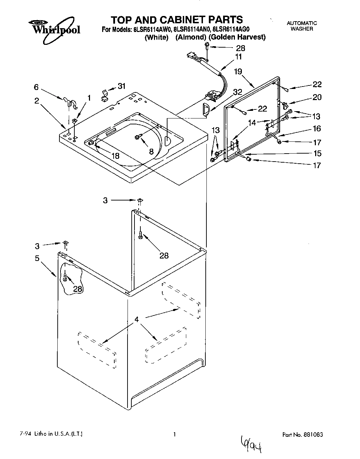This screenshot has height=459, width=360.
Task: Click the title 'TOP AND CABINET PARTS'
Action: click(x=177, y=19)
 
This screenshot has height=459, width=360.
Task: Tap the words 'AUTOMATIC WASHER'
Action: click(x=301, y=26)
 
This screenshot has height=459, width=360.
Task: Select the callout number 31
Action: click(x=121, y=86)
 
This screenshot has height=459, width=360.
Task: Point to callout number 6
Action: click(x=36, y=88)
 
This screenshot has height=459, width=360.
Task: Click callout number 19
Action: click(x=238, y=72)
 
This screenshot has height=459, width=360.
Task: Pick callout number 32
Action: click(x=238, y=92)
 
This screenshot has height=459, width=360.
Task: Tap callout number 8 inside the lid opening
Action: click(x=151, y=151)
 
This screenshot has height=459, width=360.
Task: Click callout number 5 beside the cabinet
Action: click(x=37, y=258)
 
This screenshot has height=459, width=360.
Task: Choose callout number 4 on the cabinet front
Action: click(x=137, y=319)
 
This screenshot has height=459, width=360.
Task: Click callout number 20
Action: click(x=317, y=97)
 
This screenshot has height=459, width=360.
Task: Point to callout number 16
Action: click(x=317, y=129)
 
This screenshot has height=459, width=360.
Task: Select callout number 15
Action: click(x=317, y=153)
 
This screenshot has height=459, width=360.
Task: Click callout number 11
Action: click(x=238, y=57)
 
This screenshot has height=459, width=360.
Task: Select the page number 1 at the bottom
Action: click(x=175, y=434)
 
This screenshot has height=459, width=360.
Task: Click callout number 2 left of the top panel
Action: click(x=36, y=101)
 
